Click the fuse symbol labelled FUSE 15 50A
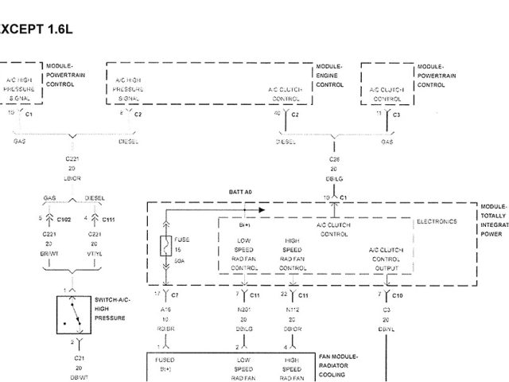[x=165, y=246]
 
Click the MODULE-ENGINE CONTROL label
[x=329, y=76]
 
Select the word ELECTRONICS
[x=437, y=221]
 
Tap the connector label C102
[x=64, y=218]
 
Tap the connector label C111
[x=109, y=218]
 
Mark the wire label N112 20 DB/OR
[x=293, y=318]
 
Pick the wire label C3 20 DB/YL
[x=387, y=318]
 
